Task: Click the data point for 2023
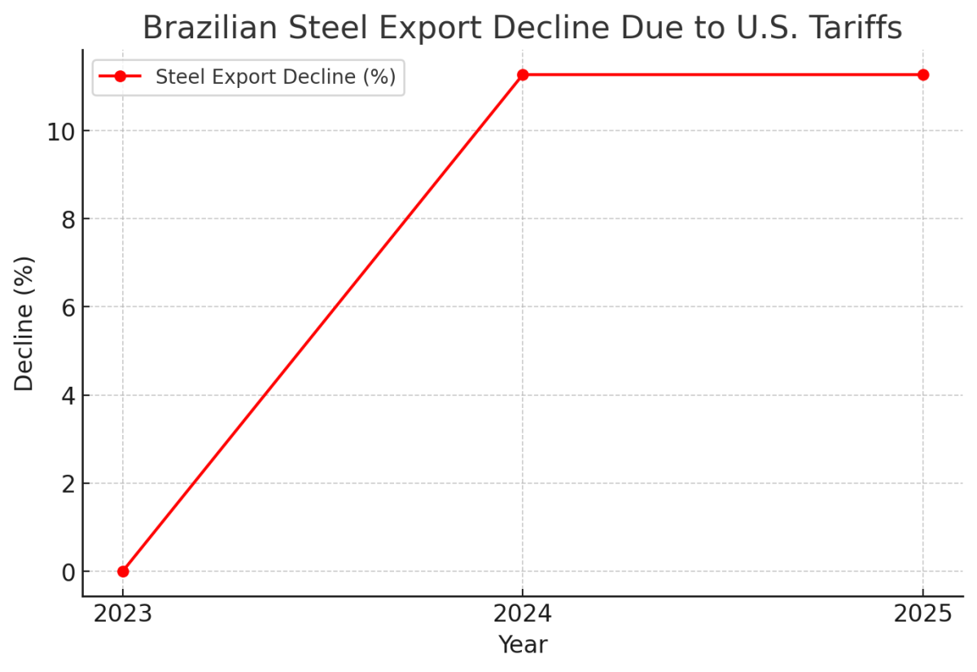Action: click(x=123, y=571)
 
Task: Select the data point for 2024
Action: click(x=523, y=75)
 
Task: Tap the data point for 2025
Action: click(x=922, y=75)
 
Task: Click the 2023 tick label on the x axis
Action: click(x=123, y=613)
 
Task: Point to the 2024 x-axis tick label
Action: click(x=523, y=613)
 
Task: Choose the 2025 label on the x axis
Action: click(x=922, y=613)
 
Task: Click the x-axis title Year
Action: click(x=523, y=645)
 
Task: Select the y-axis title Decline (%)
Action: click(x=24, y=323)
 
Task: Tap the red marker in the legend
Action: click(x=120, y=77)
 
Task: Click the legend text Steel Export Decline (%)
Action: click(x=275, y=77)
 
